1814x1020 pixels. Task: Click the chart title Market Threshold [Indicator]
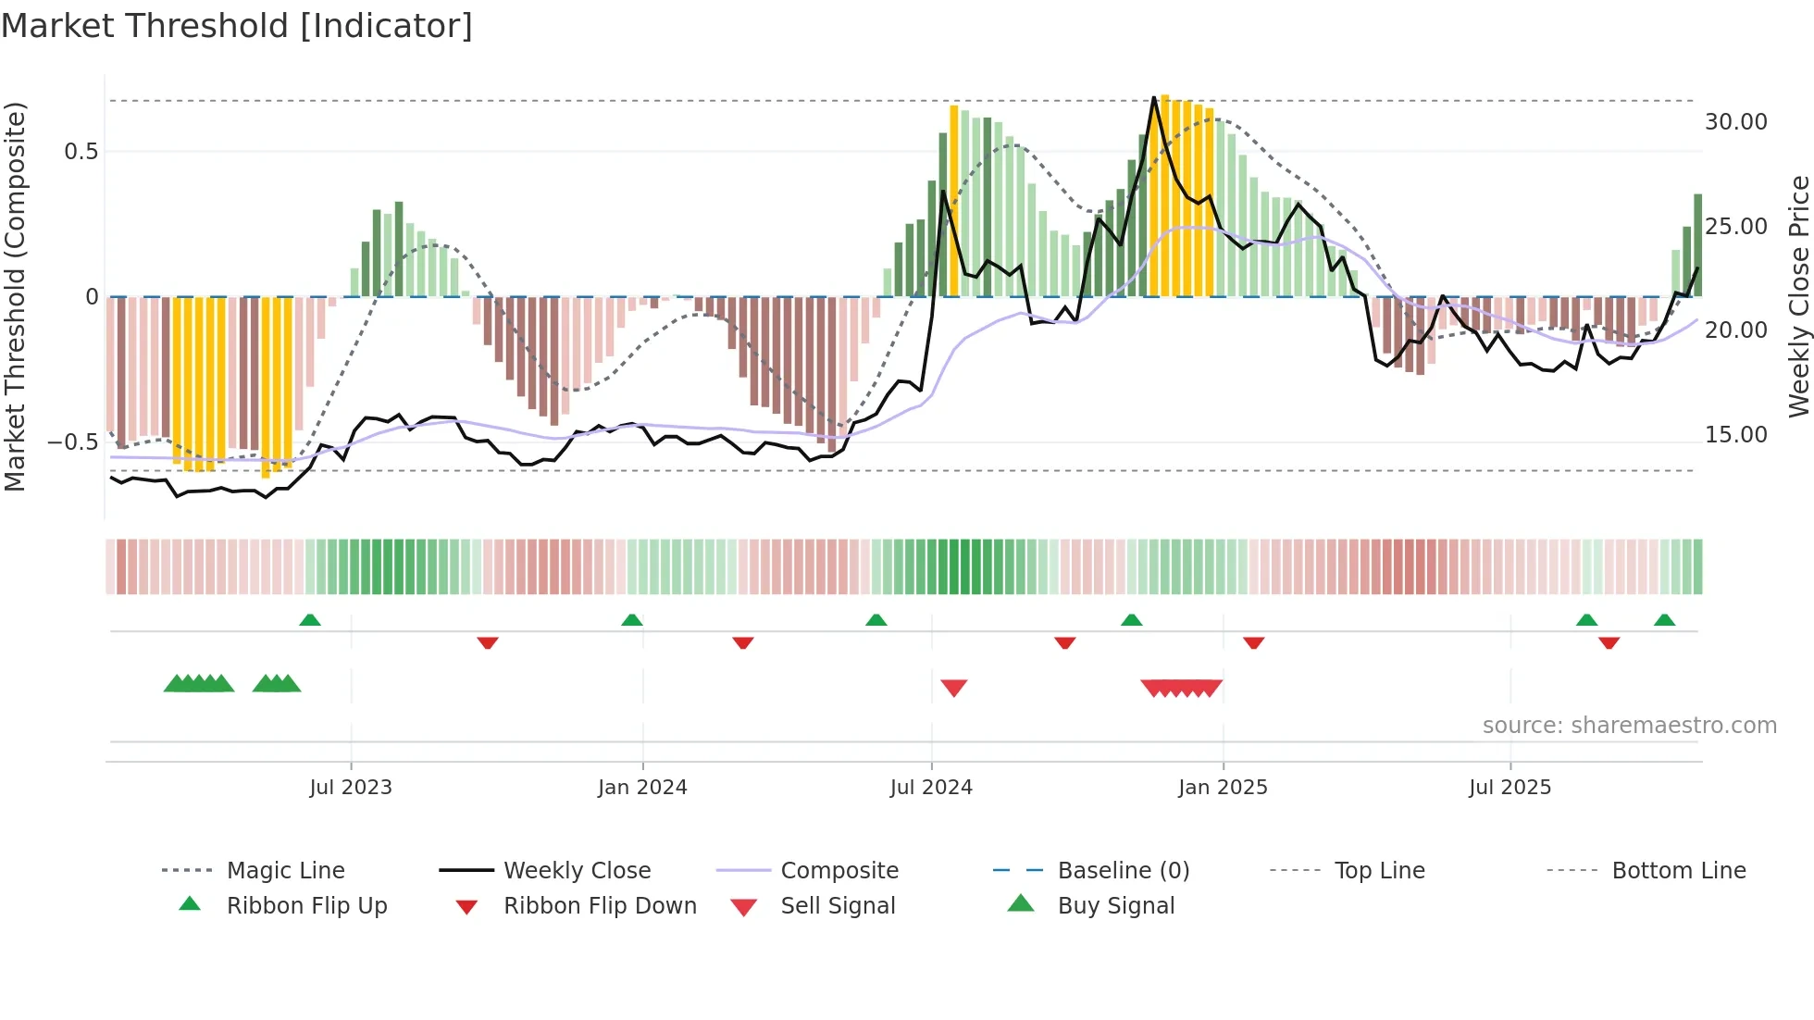[x=237, y=26]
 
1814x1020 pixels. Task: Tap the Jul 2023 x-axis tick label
[x=351, y=788]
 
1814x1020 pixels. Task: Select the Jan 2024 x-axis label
[x=642, y=788]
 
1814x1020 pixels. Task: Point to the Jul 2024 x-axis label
[x=931, y=788]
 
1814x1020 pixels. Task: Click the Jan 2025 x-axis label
[x=1223, y=788]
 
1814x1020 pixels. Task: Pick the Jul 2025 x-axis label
[x=1510, y=788]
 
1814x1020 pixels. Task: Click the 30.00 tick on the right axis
[x=1735, y=122]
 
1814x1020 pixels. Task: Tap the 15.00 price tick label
[x=1735, y=435]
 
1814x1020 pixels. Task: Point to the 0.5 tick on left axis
[x=81, y=152]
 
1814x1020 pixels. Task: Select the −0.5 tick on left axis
[x=73, y=442]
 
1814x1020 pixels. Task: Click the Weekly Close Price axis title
[x=1798, y=296]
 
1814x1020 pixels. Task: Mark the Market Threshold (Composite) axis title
[x=15, y=296]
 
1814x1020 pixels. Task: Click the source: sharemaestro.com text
[x=1629, y=726]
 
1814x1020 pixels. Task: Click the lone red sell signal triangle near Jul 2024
[x=953, y=687]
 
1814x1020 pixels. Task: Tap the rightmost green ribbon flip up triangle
[x=1664, y=620]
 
